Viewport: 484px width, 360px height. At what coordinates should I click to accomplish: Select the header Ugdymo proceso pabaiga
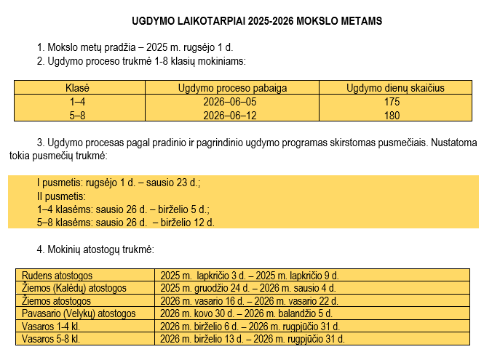pyautogui.click(x=232, y=88)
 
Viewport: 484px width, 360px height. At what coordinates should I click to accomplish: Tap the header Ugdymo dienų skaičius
pyautogui.click(x=395, y=88)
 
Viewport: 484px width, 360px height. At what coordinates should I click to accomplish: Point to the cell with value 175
pyautogui.click(x=392, y=102)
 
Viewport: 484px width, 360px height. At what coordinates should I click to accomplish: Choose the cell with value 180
pyautogui.click(x=392, y=115)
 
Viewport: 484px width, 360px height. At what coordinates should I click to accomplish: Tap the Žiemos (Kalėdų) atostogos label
pyautogui.click(x=74, y=288)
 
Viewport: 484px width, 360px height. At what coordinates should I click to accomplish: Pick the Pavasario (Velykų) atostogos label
pyautogui.click(x=79, y=313)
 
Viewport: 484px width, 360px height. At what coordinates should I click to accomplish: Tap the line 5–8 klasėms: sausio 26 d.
pyautogui.click(x=125, y=223)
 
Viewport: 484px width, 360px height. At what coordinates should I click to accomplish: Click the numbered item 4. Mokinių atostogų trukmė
pyautogui.click(x=95, y=250)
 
